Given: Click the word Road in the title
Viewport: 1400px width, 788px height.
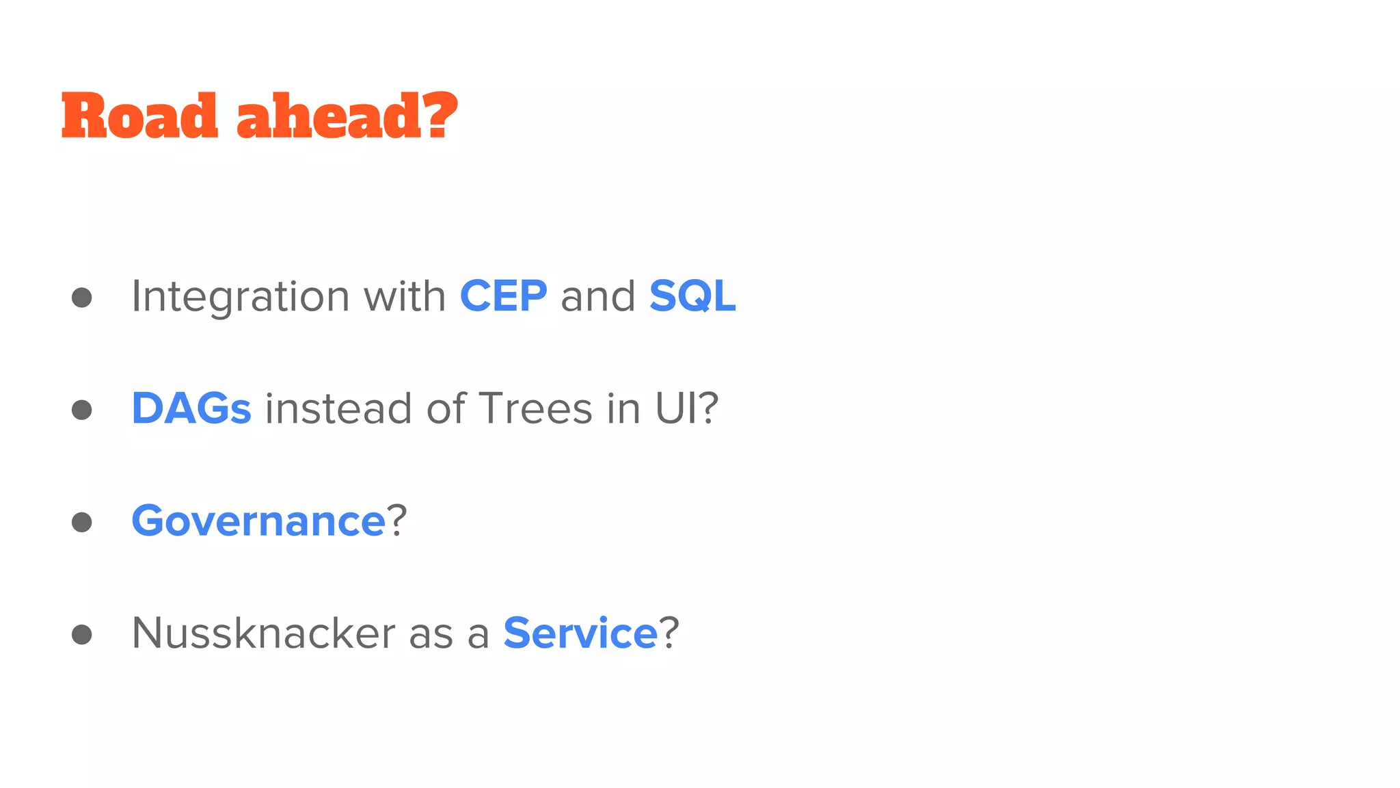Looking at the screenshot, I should pos(139,116).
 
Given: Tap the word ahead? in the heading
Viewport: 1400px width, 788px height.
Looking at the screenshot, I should pos(347,116).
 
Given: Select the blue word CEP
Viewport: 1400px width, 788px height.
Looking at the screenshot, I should pos(503,296).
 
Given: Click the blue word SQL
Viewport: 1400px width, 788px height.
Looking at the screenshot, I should pos(692,296).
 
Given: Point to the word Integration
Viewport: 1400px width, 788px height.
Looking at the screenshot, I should pos(241,298).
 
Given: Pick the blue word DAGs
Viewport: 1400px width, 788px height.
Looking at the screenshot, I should pos(191,409).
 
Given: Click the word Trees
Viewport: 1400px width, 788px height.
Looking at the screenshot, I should pos(535,409).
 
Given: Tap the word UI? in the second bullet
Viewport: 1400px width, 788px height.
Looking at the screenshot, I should pos(686,409).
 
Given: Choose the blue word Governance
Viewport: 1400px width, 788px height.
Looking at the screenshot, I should pos(258,521).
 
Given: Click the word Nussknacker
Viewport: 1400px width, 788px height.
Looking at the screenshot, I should pos(263,633).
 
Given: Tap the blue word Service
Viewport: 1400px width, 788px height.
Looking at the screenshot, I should pos(580,633).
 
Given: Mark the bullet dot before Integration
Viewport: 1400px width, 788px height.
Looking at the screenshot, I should pos(82,298).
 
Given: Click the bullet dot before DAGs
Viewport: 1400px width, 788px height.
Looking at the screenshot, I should pos(82,410).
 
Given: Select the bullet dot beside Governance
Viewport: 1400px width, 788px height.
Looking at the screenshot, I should pos(82,522).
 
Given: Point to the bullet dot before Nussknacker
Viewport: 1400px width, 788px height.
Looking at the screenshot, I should pos(82,634).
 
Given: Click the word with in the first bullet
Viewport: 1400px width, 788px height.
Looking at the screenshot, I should pos(404,296).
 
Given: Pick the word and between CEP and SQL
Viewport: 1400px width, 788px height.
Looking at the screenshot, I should pos(598,296).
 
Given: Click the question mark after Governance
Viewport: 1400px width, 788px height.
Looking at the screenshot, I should pos(397,521).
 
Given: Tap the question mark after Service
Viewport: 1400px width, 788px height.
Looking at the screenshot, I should pos(669,633).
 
